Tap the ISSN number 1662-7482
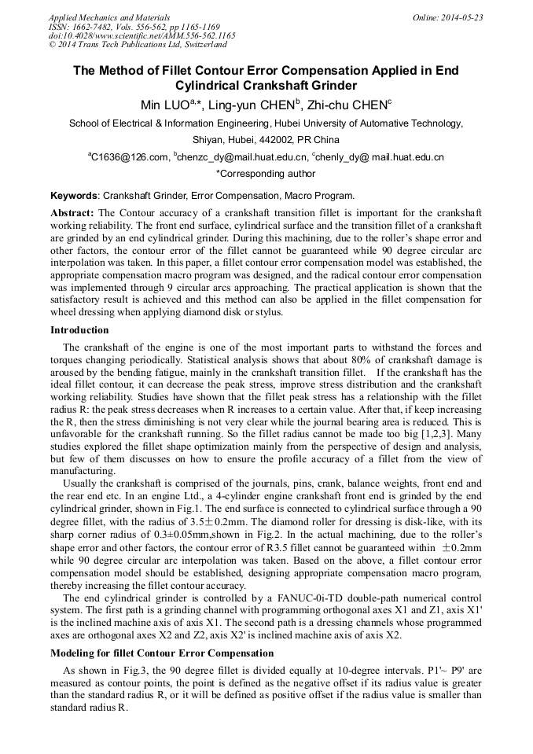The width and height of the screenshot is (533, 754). pyautogui.click(x=94, y=27)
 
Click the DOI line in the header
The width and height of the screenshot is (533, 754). pyautogui.click(x=142, y=36)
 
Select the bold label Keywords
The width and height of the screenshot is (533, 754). pyautogui.click(x=74, y=196)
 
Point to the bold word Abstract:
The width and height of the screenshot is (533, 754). pyautogui.click(x=72, y=213)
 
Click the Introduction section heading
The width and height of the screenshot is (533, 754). pyautogui.click(x=79, y=330)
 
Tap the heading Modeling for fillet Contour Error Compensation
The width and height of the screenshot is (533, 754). pyautogui.click(x=162, y=653)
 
